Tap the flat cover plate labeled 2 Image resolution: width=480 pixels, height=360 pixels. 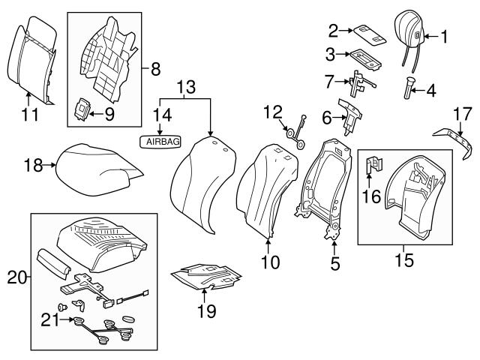point(367,30)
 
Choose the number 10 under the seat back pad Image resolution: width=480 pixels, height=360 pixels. point(269,262)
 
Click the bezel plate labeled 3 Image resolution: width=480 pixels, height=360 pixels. point(363,57)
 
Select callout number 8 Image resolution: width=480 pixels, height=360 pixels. point(155,70)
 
